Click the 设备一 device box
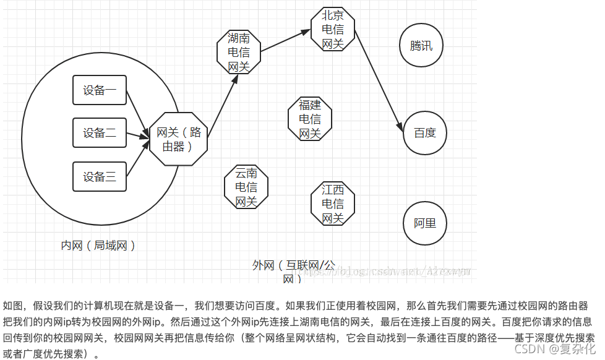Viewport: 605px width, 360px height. pyautogui.click(x=100, y=90)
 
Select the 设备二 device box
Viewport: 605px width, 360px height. pyautogui.click(x=100, y=132)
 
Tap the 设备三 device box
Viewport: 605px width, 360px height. pyautogui.click(x=100, y=177)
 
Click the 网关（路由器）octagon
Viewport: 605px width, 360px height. pyautogui.click(x=178, y=139)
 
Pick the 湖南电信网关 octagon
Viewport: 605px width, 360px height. pyautogui.click(x=238, y=52)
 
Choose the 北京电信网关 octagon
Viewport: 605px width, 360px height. pyautogui.click(x=332, y=30)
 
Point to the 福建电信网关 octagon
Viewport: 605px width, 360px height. pyautogui.click(x=310, y=119)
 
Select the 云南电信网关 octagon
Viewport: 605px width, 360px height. pyautogui.click(x=246, y=187)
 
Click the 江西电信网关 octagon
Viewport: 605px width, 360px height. pyautogui.click(x=333, y=203)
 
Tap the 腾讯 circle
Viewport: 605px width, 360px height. pyautogui.click(x=421, y=46)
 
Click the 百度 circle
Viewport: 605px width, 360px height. pyautogui.click(x=425, y=133)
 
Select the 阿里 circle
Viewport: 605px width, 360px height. pyautogui.click(x=425, y=223)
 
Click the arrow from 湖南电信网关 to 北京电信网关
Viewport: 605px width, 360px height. pyautogui.click(x=286, y=41)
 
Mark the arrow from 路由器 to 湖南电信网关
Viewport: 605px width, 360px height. pyautogui.click(x=223, y=105)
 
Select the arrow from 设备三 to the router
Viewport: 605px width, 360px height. pyautogui.click(x=138, y=158)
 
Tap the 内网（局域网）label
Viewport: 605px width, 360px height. pyautogui.click(x=98, y=246)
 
